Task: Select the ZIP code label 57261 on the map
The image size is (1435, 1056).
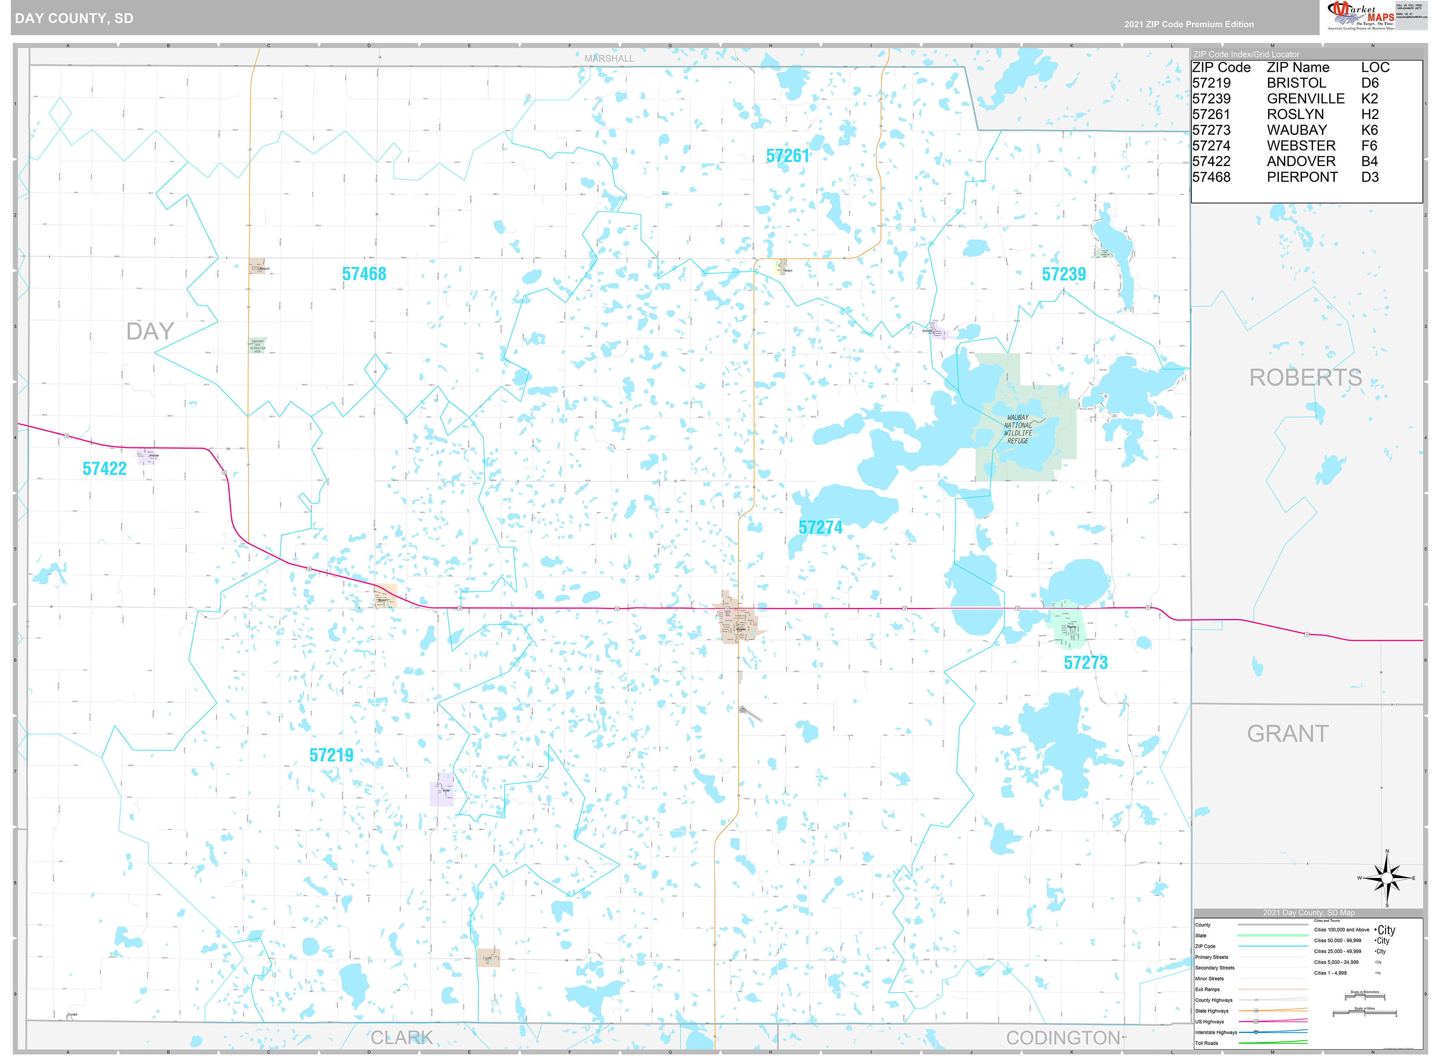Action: (x=788, y=156)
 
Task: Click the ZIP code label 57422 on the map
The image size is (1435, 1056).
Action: (x=104, y=469)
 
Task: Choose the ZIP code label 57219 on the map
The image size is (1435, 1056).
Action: (x=331, y=755)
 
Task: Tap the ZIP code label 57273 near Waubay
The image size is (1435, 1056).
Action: (x=1085, y=662)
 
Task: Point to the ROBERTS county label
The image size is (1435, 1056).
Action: (x=1305, y=377)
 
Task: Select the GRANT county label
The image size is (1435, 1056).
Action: (x=1287, y=733)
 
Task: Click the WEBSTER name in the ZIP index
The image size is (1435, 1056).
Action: (x=1301, y=146)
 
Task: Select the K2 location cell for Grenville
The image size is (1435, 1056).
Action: (x=1369, y=98)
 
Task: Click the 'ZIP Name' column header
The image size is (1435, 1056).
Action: (x=1298, y=67)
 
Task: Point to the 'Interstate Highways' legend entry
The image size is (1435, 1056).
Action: (x=1216, y=1032)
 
